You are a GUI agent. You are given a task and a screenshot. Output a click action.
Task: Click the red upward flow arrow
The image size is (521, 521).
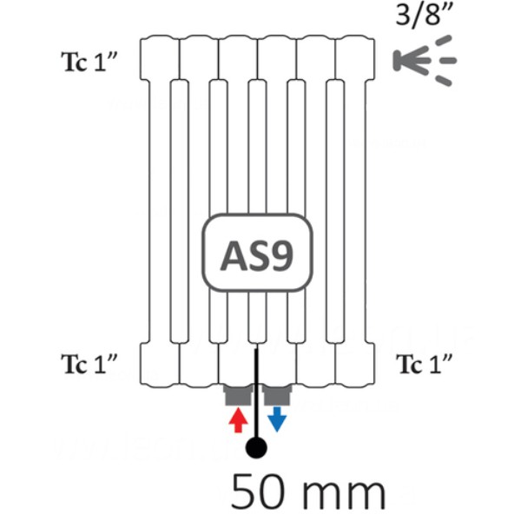[x=239, y=420]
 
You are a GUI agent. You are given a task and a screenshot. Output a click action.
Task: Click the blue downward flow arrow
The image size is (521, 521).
[x=277, y=419]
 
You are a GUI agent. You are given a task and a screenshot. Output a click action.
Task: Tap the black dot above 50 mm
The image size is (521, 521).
[x=256, y=447]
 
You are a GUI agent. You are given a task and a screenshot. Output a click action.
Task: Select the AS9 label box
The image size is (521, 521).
[x=258, y=253]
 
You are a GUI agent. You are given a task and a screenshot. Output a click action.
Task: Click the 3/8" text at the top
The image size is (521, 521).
[x=425, y=14]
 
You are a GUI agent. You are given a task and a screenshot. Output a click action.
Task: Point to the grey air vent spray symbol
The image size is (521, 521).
[x=425, y=61]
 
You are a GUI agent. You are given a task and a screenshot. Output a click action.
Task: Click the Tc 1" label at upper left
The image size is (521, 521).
[x=89, y=62]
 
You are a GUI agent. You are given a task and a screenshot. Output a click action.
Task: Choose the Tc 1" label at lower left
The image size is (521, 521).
[x=89, y=364]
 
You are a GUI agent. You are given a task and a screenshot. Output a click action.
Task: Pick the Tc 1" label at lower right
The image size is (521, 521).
[x=425, y=364]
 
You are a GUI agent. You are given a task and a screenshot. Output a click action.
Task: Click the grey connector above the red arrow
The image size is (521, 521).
[x=238, y=395]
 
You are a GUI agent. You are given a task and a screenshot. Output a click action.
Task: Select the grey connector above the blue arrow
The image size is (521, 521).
[x=278, y=395]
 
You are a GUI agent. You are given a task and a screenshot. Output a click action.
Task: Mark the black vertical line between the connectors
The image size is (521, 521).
[x=256, y=393]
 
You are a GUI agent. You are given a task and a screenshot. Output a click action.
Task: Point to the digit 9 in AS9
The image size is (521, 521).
[x=282, y=255]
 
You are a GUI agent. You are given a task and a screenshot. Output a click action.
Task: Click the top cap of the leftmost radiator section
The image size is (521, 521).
[x=160, y=57]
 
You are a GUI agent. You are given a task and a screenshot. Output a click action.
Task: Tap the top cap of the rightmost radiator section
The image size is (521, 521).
[x=355, y=57]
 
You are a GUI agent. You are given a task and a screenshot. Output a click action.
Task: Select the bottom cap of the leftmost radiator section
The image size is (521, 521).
[x=160, y=365]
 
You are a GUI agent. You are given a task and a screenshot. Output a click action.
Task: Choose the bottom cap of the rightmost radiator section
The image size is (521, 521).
[x=355, y=365]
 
